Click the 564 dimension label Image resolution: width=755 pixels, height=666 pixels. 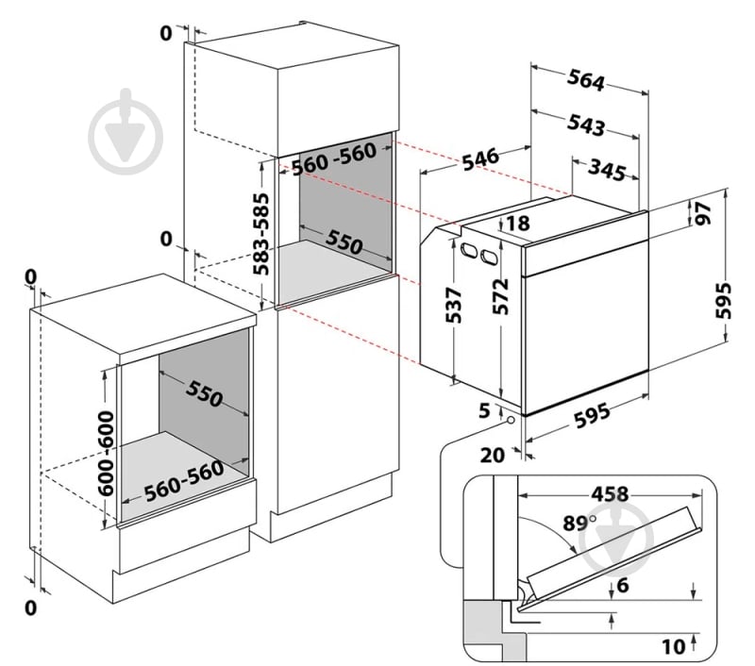click(585, 79)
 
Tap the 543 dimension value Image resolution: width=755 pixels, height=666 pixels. click(585, 125)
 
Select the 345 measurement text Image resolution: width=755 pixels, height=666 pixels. click(607, 170)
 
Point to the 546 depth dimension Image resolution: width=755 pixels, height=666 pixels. click(480, 159)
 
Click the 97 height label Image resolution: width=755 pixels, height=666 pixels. click(702, 213)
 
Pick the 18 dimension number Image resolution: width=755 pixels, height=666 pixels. click(518, 223)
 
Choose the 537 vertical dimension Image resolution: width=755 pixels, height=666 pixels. click(453, 306)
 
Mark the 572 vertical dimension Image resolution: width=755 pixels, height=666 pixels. click(500, 296)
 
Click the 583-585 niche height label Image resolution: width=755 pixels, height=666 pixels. click(260, 233)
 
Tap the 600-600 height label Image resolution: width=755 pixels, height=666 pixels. click(106, 453)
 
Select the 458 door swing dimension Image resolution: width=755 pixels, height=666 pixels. click(610, 493)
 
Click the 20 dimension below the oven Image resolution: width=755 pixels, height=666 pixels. click(492, 455)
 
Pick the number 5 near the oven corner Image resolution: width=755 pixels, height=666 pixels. click(484, 410)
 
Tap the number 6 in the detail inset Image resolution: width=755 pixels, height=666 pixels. click(623, 585)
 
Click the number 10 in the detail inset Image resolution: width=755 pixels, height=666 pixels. click(673, 647)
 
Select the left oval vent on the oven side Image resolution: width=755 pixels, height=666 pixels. click(467, 249)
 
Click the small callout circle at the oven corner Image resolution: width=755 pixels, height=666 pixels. click(510, 420)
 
